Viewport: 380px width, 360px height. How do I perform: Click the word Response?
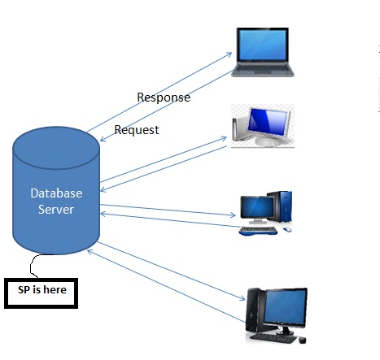pos(163,98)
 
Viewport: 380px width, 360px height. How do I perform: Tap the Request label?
pos(137,129)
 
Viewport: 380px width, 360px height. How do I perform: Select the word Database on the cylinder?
pos(56,193)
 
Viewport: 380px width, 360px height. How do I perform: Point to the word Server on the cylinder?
pos(56,210)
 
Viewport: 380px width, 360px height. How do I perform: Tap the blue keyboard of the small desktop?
pos(260,230)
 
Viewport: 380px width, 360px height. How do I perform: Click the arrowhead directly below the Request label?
pos(101,143)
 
